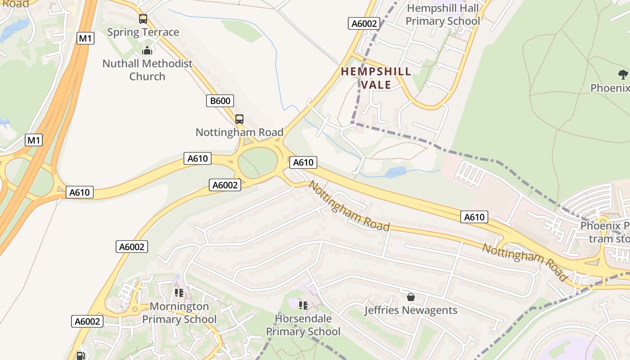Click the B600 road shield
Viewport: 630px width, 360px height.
click(x=220, y=101)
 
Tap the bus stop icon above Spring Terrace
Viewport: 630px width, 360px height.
click(x=143, y=19)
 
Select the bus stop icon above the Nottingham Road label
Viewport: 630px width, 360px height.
click(x=239, y=119)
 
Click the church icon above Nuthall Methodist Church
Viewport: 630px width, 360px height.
click(x=147, y=51)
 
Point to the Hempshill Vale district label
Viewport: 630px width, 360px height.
click(x=376, y=78)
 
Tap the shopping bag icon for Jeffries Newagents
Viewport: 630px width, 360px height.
click(x=410, y=297)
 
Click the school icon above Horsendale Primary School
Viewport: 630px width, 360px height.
click(x=303, y=306)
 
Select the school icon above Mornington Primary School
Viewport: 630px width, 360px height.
click(x=179, y=293)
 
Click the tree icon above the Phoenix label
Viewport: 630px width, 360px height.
click(x=623, y=74)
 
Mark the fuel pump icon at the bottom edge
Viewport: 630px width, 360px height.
click(x=81, y=355)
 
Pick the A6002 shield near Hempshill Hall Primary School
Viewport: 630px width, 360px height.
click(x=364, y=23)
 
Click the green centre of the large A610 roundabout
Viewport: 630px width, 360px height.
click(x=258, y=162)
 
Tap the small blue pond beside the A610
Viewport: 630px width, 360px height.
click(x=395, y=172)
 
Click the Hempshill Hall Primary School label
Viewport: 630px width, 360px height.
click(x=443, y=15)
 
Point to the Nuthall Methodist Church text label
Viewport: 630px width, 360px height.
click(x=147, y=70)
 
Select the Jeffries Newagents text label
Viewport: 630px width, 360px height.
click(x=410, y=310)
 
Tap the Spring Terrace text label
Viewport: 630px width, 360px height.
click(x=143, y=32)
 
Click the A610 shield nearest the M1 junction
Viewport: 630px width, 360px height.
click(x=80, y=193)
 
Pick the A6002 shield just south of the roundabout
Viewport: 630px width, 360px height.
click(x=225, y=185)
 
